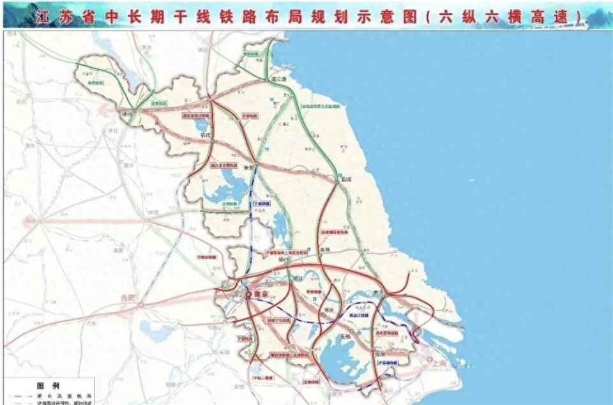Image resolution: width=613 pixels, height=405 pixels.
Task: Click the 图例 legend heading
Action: [47, 386]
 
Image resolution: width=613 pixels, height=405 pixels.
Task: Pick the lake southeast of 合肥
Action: [157, 332]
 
